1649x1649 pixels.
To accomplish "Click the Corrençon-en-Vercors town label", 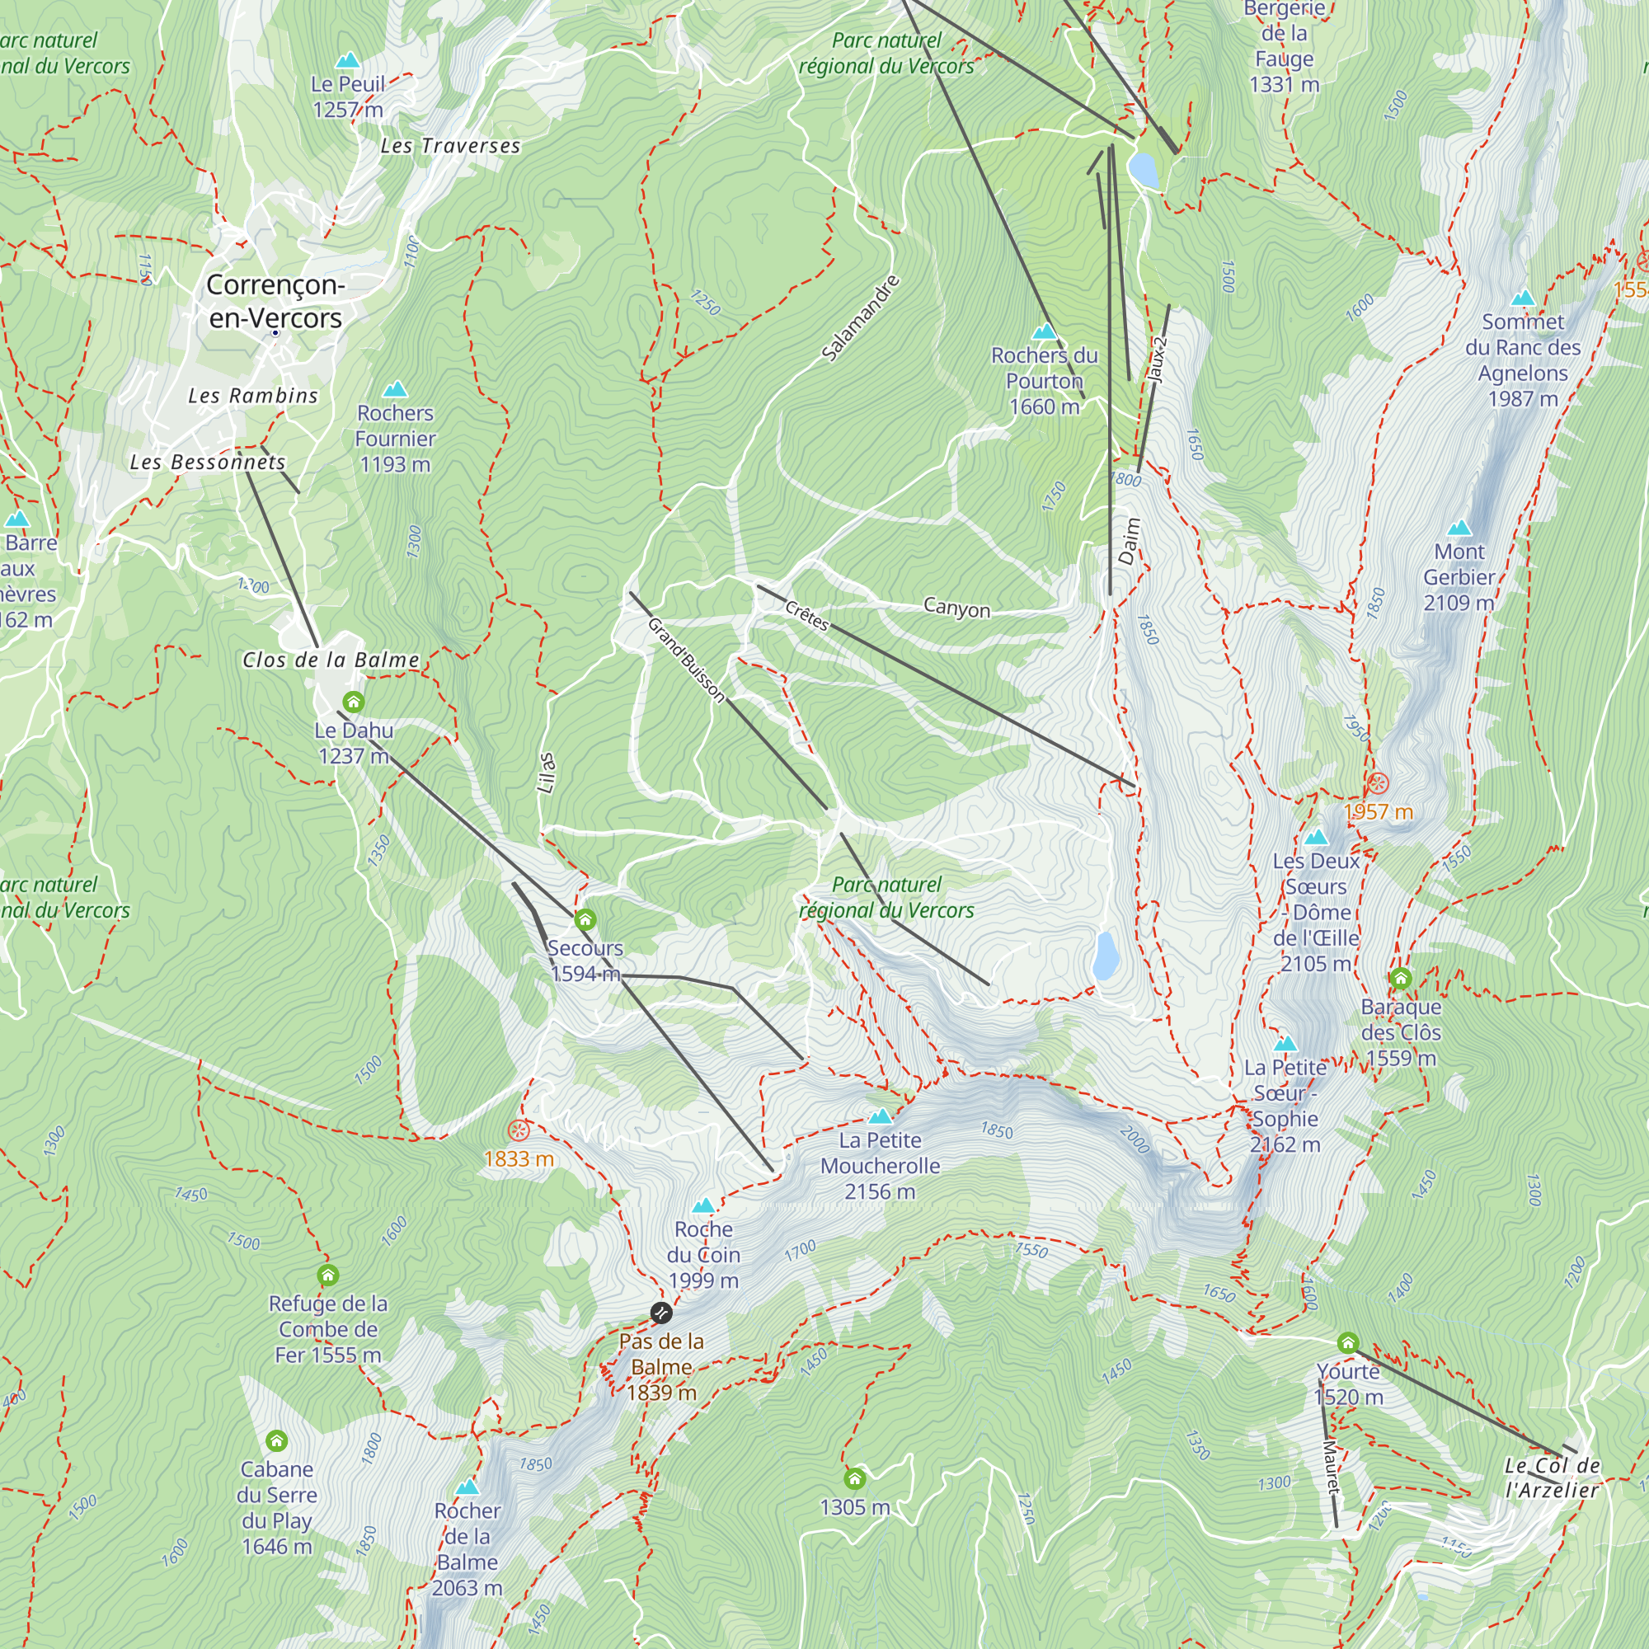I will [275, 301].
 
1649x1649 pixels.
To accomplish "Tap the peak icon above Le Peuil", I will [347, 59].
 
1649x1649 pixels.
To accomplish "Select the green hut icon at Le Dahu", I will [354, 702].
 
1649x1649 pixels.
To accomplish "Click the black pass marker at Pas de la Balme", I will [660, 1313].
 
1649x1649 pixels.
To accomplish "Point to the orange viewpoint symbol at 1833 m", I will [518, 1131].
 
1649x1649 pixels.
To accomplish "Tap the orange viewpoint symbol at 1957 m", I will [1378, 783].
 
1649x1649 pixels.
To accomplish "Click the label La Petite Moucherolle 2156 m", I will [880, 1166].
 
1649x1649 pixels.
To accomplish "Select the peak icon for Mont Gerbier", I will [1459, 528].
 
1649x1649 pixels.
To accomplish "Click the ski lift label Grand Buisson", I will [685, 660].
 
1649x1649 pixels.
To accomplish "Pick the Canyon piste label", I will [956, 608].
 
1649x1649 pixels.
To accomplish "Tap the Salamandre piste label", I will [860, 317].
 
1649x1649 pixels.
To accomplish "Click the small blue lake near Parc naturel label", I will [1106, 955].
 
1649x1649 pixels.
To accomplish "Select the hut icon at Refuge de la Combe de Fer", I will [328, 1276].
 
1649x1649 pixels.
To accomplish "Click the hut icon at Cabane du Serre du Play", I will [275, 1440].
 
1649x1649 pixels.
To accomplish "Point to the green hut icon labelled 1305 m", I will [854, 1478].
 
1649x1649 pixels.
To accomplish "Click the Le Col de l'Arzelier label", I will [1552, 1478].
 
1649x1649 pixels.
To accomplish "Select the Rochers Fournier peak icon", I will [394, 390].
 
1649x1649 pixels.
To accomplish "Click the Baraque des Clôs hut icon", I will [1401, 978].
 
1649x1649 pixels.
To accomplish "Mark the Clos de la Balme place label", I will [331, 660].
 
